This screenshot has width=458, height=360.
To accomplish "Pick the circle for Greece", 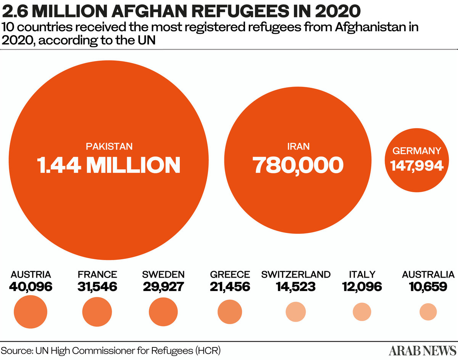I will pos(230,311).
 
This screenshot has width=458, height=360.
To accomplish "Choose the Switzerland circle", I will pos(296,312).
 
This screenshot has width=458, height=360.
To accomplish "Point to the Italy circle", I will pos(362,312).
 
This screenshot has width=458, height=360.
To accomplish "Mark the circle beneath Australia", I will pos(428,312).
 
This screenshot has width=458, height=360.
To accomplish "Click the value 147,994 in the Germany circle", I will pos(417,166).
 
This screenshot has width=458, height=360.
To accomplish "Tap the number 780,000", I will pos(298,165).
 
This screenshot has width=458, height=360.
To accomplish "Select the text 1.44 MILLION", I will pos(109,165).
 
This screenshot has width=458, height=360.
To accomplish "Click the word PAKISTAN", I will pos(109,146).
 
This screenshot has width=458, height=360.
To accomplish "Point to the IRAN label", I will pos(298,146).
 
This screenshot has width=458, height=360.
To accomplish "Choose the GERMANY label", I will pos(417,151).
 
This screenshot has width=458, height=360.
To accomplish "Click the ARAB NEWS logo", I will pos(422,350).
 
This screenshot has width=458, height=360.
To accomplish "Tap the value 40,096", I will pos(31,286).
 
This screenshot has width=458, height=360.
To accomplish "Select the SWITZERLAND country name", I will pos(296,274).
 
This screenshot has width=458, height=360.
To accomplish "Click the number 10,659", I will pos(428,286).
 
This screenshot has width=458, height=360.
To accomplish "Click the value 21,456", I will pos(230,286).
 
